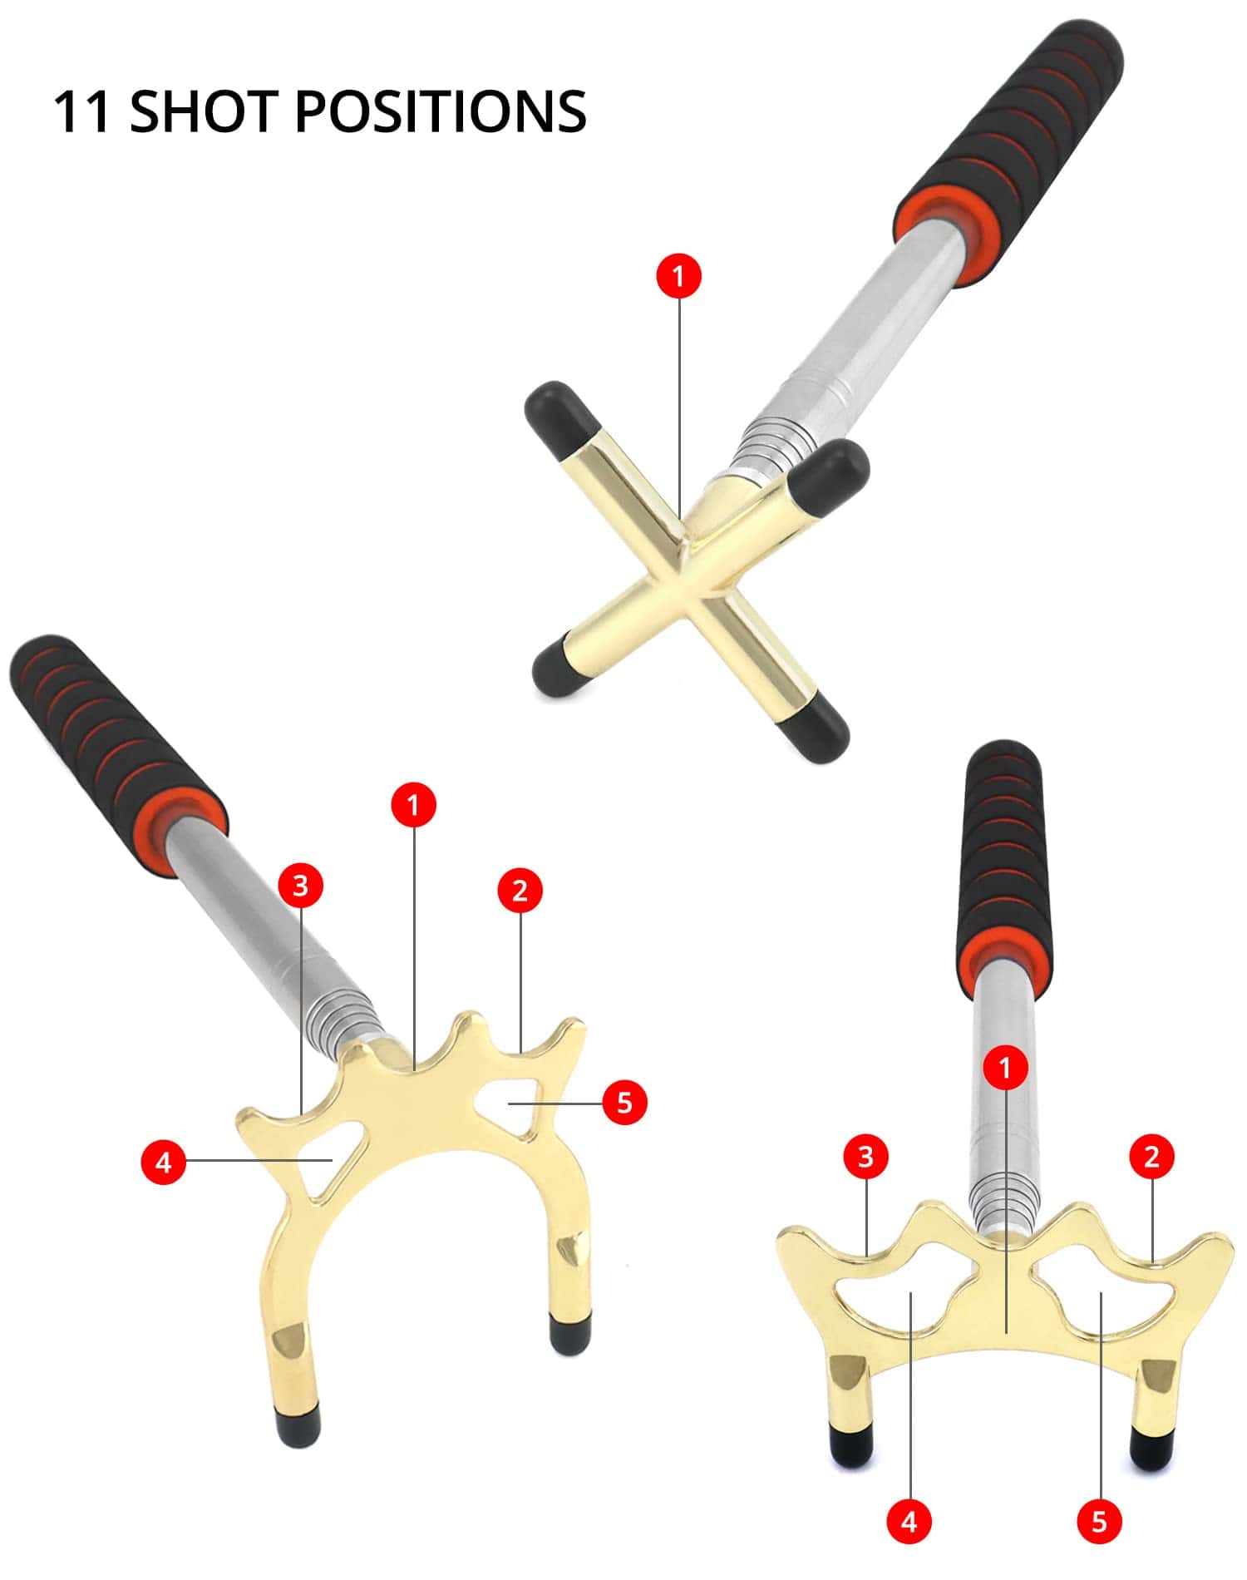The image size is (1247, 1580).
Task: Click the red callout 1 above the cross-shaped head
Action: pyautogui.click(x=679, y=275)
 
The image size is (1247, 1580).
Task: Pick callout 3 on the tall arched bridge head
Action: pyautogui.click(x=300, y=886)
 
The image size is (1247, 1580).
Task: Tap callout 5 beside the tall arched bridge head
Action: pyautogui.click(x=624, y=1103)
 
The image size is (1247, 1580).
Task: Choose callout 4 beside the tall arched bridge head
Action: pyautogui.click(x=164, y=1162)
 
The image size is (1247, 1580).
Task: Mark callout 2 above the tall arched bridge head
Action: pyautogui.click(x=520, y=891)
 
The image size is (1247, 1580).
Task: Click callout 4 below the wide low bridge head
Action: pyautogui.click(x=909, y=1522)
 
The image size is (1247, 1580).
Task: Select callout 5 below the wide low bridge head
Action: pyautogui.click(x=1100, y=1522)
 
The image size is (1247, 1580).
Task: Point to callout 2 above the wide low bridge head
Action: pyautogui.click(x=1151, y=1156)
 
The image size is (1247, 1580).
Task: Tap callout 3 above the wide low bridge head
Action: pyautogui.click(x=865, y=1156)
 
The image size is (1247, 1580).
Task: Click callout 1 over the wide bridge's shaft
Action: pyautogui.click(x=1005, y=1067)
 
